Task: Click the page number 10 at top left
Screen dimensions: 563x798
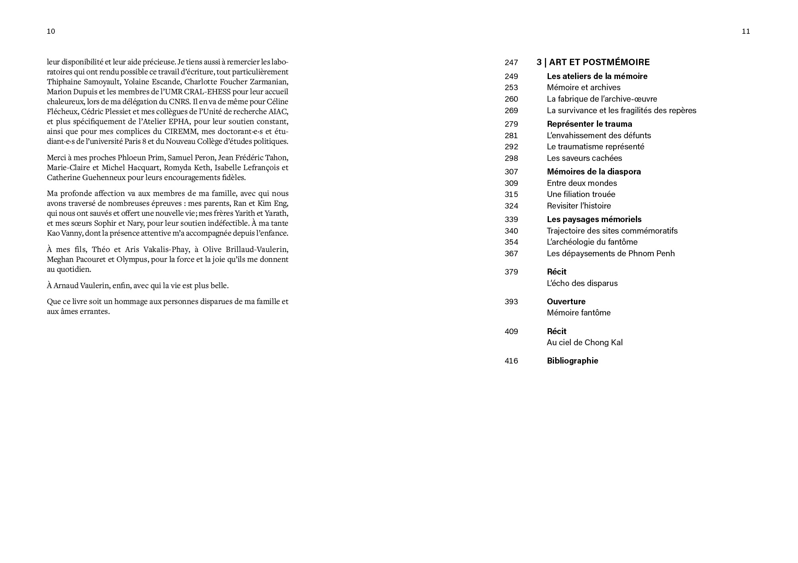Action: [51, 31]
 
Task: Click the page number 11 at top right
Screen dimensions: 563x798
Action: [746, 31]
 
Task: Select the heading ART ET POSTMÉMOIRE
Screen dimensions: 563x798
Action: [599, 62]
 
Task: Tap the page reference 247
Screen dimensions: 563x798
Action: [511, 62]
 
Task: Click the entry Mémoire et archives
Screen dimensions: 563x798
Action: [583, 87]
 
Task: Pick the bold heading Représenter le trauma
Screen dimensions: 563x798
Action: [589, 124]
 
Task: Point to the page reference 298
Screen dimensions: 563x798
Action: [511, 158]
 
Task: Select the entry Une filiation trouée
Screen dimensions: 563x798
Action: [581, 194]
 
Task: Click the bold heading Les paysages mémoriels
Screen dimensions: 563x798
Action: [594, 219]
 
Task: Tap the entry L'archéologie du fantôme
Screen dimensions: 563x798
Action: [592, 242]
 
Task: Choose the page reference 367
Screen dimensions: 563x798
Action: [511, 253]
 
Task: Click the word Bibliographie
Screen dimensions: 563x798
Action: [572, 361]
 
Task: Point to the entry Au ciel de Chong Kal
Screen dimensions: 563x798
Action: [585, 342]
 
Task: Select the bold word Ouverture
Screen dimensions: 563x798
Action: [566, 302]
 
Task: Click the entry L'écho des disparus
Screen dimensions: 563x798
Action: [582, 283]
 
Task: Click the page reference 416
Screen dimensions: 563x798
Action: [511, 361]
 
